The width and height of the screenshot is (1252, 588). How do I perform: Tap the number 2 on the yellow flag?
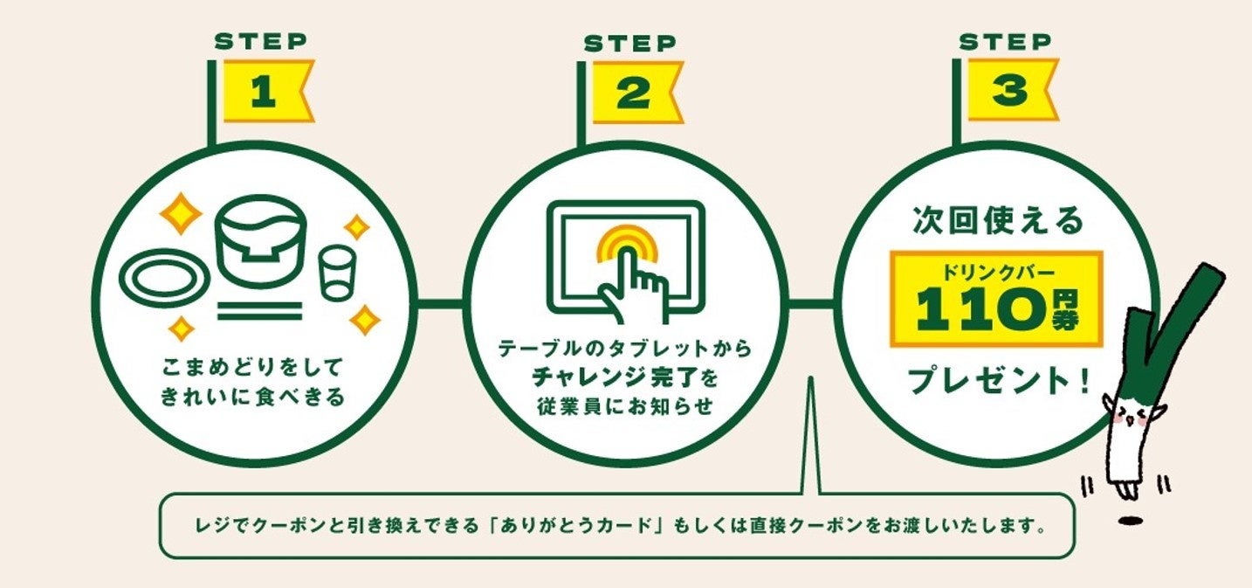tap(632, 93)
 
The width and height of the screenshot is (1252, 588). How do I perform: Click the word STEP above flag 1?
tap(260, 40)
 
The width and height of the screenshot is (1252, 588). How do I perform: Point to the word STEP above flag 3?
tap(1005, 41)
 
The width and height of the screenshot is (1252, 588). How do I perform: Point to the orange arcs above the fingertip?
tap(625, 240)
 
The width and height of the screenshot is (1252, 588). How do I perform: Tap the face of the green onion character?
tap(1131, 417)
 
